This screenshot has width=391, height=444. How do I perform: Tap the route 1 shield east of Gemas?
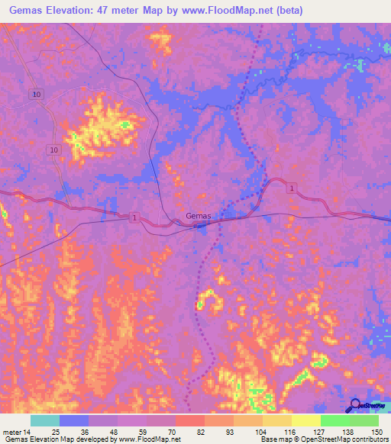pyautogui.click(x=291, y=188)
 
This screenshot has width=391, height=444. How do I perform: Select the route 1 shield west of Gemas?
pyautogui.click(x=134, y=218)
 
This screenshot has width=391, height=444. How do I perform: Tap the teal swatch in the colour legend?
pyautogui.click(x=44, y=420)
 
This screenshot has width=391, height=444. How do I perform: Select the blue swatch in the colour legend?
pyautogui.click(x=74, y=420)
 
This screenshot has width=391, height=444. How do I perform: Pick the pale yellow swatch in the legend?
pyautogui.click(x=305, y=420)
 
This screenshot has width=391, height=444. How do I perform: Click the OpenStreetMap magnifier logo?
pyautogui.click(x=354, y=407)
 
